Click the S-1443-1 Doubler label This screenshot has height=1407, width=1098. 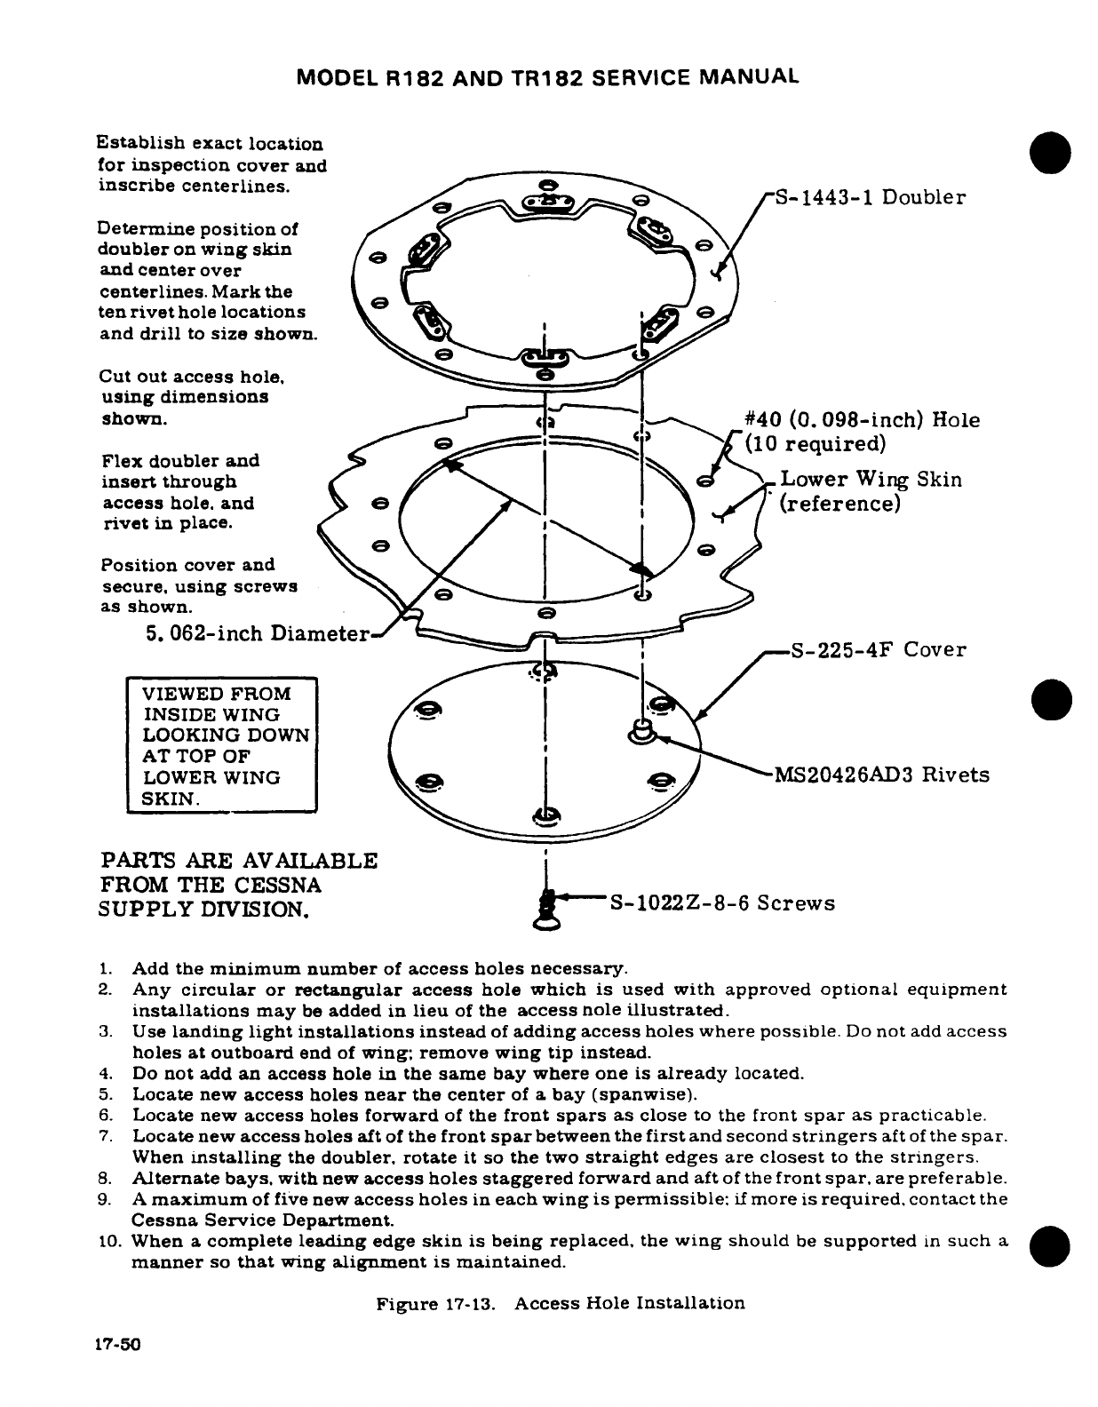click(x=870, y=197)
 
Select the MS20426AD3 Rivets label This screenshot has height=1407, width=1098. click(x=881, y=775)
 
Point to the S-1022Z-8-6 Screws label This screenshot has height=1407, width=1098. click(x=721, y=903)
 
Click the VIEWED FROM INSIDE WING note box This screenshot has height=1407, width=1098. click(x=223, y=746)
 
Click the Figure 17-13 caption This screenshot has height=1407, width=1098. click(x=561, y=1304)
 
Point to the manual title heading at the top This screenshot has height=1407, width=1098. click(x=548, y=77)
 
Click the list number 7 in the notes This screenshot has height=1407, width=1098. click(x=104, y=1137)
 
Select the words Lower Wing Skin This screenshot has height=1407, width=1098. click(x=871, y=481)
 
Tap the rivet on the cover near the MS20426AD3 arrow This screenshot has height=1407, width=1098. click(x=641, y=732)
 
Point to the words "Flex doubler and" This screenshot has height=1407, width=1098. click(x=180, y=461)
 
